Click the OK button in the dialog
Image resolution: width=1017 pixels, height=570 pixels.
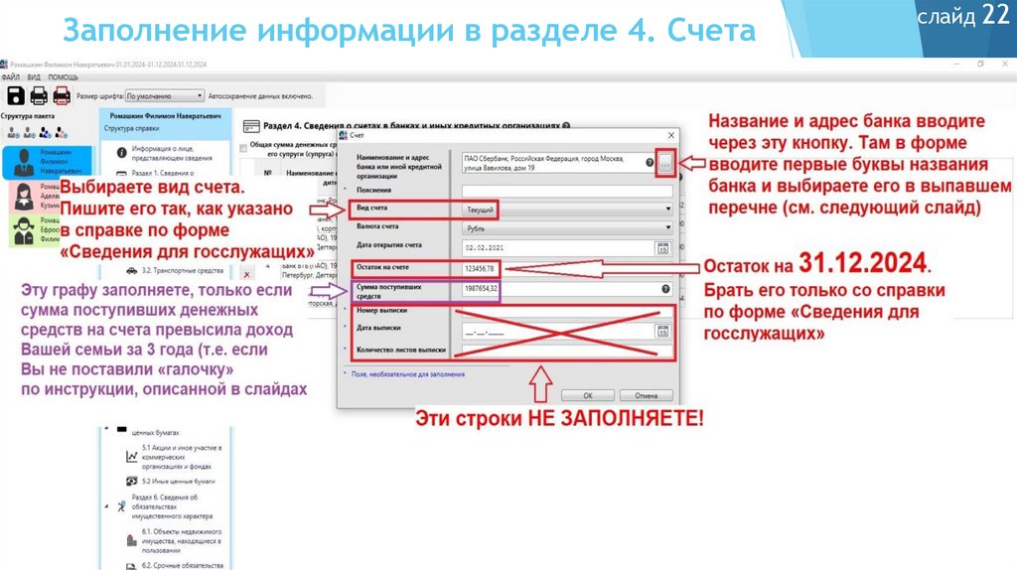coord(574,394)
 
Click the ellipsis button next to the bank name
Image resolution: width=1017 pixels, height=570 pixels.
coord(665,163)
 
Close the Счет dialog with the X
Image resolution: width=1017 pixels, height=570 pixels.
coord(670,135)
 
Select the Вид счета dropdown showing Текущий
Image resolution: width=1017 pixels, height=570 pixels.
coord(566,210)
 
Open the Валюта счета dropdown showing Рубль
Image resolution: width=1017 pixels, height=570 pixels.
coord(566,227)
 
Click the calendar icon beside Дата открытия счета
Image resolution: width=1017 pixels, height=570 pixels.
coord(662,247)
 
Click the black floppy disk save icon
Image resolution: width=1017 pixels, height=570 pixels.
coord(15,95)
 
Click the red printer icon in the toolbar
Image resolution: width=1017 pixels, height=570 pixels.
coord(61,95)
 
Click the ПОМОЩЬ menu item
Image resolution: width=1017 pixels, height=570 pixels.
coord(63,77)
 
